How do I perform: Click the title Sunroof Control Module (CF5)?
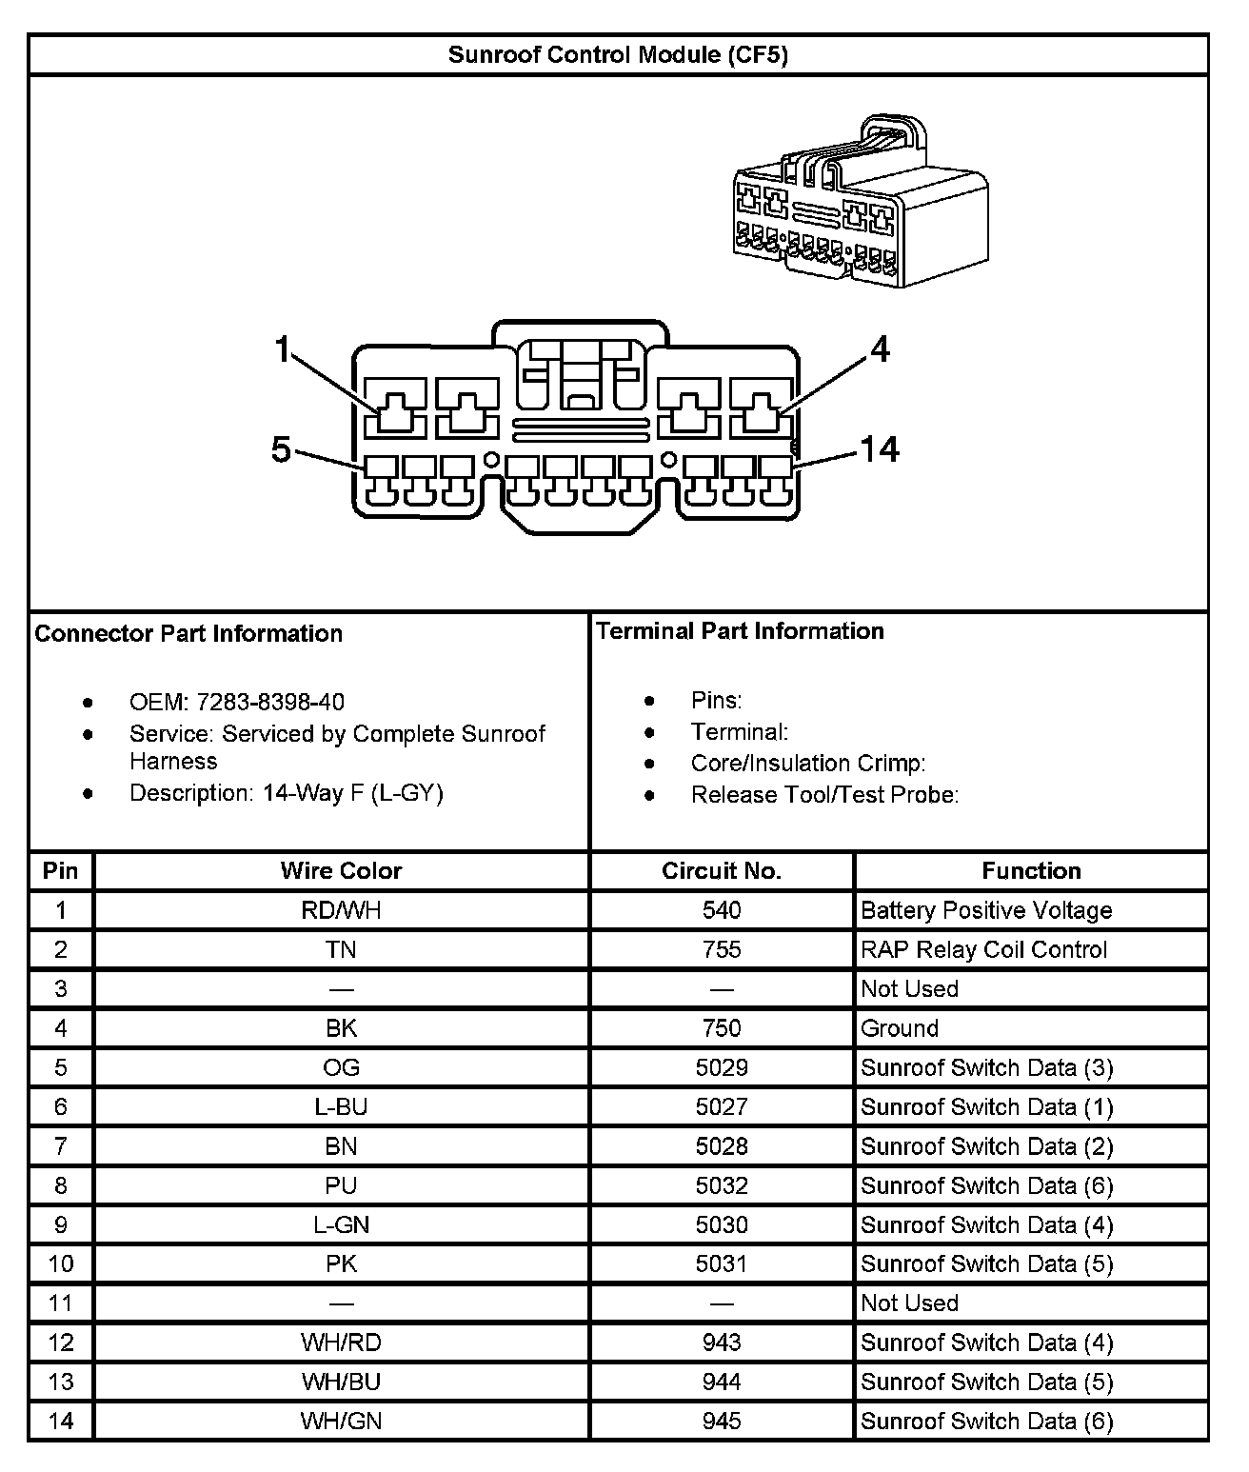tap(618, 54)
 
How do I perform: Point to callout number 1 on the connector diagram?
tap(281, 350)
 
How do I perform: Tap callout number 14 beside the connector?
tap(879, 448)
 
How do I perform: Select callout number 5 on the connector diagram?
tap(281, 448)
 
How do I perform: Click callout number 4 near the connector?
tap(881, 349)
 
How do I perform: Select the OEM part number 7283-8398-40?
tap(270, 703)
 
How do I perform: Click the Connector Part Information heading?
tap(188, 634)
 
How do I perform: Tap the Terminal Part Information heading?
tap(740, 631)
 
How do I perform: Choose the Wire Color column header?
tap(341, 871)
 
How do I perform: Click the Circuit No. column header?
tap(721, 871)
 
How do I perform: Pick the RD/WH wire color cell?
tap(341, 910)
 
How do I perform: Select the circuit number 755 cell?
tap(721, 949)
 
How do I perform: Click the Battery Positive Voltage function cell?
tap(985, 910)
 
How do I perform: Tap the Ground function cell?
tap(899, 1028)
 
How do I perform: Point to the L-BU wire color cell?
tap(341, 1107)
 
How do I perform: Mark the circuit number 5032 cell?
tap(721, 1185)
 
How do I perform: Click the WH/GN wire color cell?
tap(341, 1422)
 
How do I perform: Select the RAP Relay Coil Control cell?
tap(983, 949)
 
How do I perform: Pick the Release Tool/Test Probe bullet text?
tap(824, 795)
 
